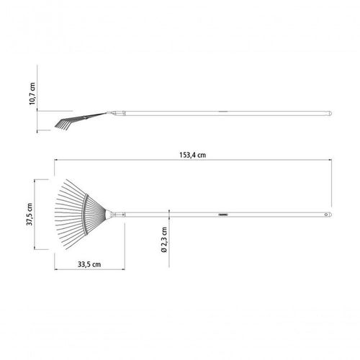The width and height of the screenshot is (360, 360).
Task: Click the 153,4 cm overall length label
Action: pos(192,155)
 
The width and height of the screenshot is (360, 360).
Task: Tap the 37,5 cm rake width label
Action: pos(30,214)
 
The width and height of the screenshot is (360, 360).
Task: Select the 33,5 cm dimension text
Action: pos(89,264)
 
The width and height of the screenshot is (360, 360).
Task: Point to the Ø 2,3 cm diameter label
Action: pos(164,240)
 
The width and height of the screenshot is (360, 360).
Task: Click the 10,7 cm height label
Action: pos(32,94)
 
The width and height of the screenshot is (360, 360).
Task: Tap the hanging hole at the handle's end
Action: pos(326,215)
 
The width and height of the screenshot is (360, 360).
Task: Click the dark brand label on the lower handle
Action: pos(223,215)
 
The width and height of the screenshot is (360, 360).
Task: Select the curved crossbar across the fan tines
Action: pos(85,214)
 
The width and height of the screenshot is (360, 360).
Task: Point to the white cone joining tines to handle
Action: pos(109,215)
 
